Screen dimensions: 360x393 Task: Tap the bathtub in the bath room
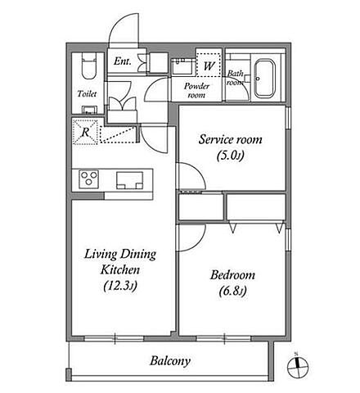pyautogui.click(x=264, y=78)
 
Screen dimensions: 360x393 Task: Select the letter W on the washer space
pyautogui.click(x=209, y=65)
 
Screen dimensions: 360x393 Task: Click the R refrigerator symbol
pyautogui.click(x=85, y=133)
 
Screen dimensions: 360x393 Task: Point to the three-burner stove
pyautogui.click(x=88, y=178)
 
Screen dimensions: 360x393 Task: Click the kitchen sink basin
pyautogui.click(x=129, y=180)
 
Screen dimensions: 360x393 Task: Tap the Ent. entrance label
pyautogui.click(x=123, y=61)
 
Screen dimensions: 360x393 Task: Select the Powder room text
pyautogui.click(x=196, y=91)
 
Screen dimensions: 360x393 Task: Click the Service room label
pyautogui.click(x=231, y=139)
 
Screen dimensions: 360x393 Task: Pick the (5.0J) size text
pyautogui.click(x=231, y=156)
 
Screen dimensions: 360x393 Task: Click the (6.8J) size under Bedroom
pyautogui.click(x=233, y=291)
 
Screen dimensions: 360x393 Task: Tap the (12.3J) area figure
pyautogui.click(x=120, y=286)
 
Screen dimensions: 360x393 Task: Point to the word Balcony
pyautogui.click(x=170, y=361)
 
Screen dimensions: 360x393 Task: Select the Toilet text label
pyautogui.click(x=87, y=94)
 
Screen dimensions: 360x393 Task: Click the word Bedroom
pyautogui.click(x=232, y=275)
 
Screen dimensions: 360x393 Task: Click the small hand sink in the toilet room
pyautogui.click(x=89, y=110)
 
